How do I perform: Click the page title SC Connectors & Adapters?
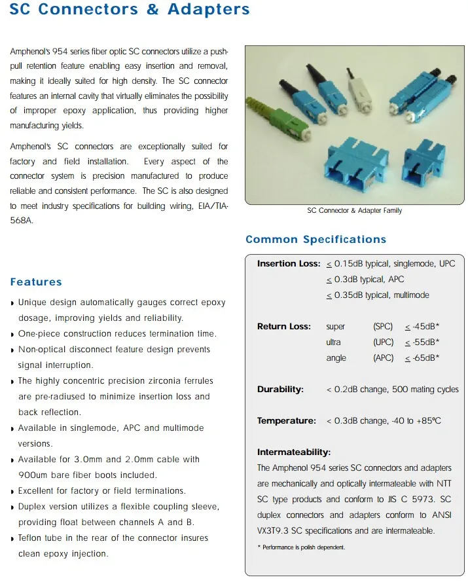[130, 10]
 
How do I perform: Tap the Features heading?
[36, 282]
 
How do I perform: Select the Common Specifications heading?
[315, 240]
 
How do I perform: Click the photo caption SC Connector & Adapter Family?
[354, 211]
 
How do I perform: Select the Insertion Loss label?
[288, 264]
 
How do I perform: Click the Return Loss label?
[283, 327]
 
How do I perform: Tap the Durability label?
[280, 390]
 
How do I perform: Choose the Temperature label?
[286, 421]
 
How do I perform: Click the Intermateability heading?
[294, 452]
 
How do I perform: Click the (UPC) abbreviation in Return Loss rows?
[383, 342]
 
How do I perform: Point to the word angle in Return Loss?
[336, 358]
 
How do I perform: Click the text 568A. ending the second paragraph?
[21, 221]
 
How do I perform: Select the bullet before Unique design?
[13, 303]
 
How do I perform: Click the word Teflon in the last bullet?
[31, 538]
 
